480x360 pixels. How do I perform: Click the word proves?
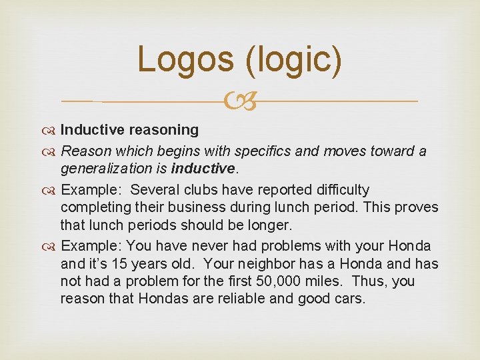coord(417,207)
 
